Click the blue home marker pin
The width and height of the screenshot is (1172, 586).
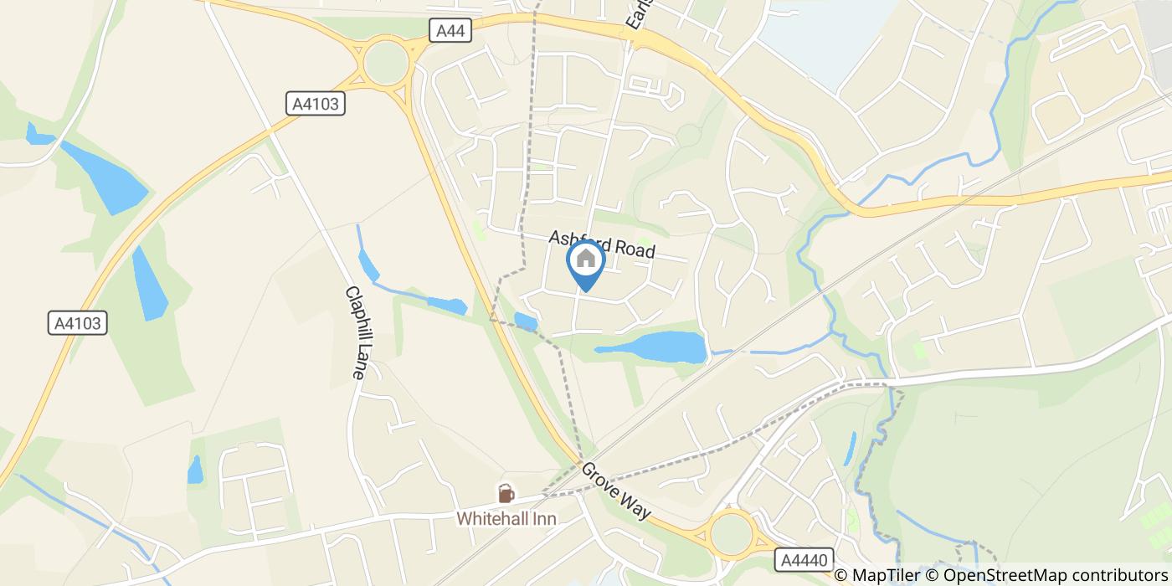pyautogui.click(x=586, y=262)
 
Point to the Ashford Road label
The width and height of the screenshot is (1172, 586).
pyautogui.click(x=602, y=244)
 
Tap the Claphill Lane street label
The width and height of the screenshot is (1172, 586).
pyautogui.click(x=355, y=333)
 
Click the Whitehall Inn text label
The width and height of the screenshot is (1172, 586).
pyautogui.click(x=506, y=519)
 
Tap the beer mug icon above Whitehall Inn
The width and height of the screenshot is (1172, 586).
pyautogui.click(x=506, y=493)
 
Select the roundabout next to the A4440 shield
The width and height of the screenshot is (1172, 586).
pyautogui.click(x=731, y=532)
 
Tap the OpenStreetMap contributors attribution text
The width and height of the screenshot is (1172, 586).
pyautogui.click(x=1054, y=575)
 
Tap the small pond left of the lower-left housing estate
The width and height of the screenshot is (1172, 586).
pyautogui.click(x=195, y=470)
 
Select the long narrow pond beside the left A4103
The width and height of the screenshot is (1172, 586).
pyautogui.click(x=149, y=283)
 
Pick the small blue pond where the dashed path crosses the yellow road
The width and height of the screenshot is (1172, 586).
pyautogui.click(x=526, y=321)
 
